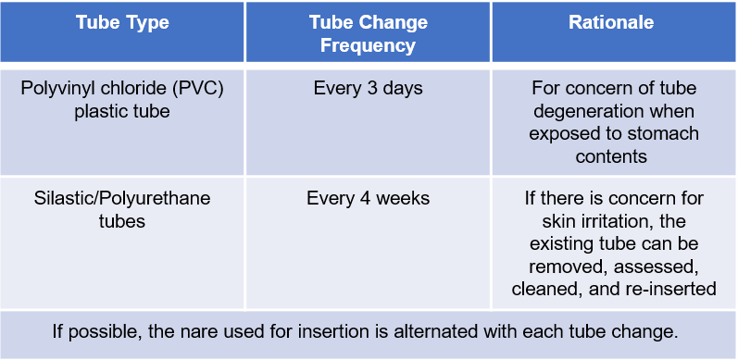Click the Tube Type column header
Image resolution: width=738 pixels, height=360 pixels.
pos(122,22)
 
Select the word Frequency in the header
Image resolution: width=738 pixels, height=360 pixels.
pos(368,44)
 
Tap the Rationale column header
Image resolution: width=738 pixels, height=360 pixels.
pos(612,22)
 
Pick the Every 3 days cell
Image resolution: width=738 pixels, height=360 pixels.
pos(368,89)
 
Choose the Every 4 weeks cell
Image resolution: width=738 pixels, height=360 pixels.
pos(368,198)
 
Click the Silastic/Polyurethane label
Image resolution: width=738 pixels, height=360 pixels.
pos(122,198)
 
